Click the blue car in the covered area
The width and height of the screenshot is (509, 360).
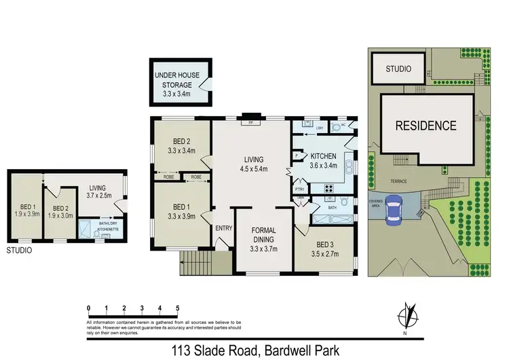pos(393,211)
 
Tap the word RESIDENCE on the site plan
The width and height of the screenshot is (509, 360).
pos(426,126)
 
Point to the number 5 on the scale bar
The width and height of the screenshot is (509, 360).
pos(177,308)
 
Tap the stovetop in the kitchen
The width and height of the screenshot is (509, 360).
pos(329,189)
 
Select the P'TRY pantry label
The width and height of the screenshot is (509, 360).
pos(298,190)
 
